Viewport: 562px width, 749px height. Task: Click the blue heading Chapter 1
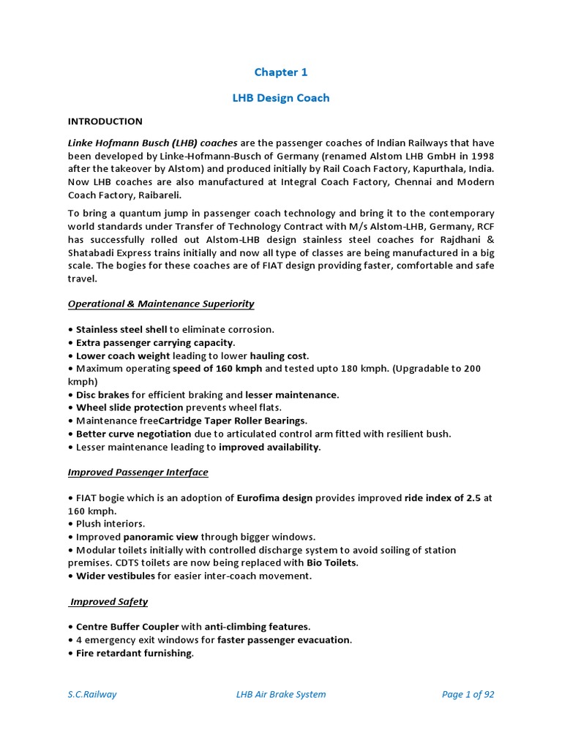(x=281, y=72)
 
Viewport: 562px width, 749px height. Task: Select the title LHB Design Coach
(x=281, y=98)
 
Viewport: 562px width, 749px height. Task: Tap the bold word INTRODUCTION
(x=105, y=121)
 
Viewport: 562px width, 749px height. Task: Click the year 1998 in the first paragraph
(x=482, y=156)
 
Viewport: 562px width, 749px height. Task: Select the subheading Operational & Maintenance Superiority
(x=161, y=304)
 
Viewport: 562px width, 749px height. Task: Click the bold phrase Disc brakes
(x=102, y=394)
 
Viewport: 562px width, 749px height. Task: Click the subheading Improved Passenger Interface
(x=138, y=472)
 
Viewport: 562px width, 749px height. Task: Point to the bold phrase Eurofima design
(x=274, y=498)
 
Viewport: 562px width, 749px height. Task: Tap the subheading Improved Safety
(x=108, y=601)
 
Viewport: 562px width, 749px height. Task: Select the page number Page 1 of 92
(x=468, y=694)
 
